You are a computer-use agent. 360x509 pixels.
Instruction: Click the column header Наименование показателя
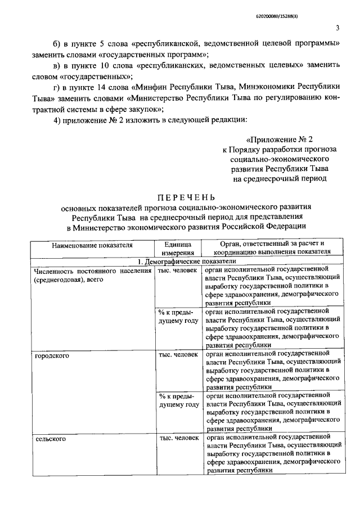[92, 246]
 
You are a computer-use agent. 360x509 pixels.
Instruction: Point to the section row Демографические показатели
[186, 262]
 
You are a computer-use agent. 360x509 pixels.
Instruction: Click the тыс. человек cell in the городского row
[178, 355]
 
